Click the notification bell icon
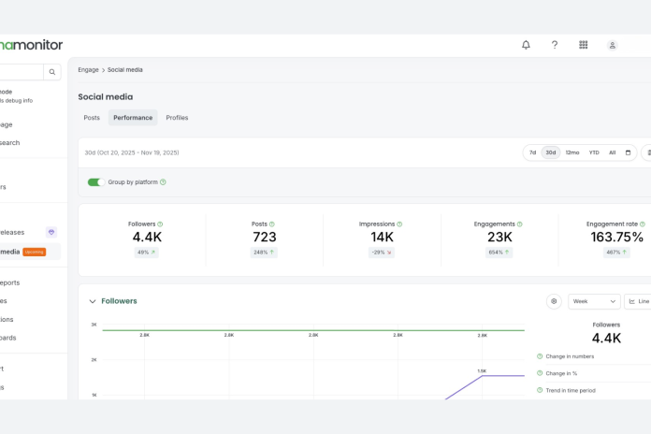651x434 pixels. (526, 45)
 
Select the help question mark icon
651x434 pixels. (555, 45)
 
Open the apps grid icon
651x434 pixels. (584, 45)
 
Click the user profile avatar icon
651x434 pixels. (612, 45)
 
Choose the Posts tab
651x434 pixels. (92, 118)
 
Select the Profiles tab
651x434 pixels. (177, 118)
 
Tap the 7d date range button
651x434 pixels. (532, 152)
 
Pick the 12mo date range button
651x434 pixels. (571, 152)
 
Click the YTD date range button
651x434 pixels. (594, 152)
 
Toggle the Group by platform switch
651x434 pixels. (95, 182)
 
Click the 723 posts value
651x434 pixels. (265, 238)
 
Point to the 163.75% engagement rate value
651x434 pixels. (615, 238)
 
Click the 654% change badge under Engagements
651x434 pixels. (499, 253)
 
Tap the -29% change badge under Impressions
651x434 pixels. (382, 253)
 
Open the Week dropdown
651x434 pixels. (594, 301)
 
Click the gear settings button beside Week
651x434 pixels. (555, 301)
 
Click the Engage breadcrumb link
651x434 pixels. (88, 70)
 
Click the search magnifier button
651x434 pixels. (52, 72)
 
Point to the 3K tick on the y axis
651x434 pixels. (94, 325)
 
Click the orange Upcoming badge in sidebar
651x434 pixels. (34, 252)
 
